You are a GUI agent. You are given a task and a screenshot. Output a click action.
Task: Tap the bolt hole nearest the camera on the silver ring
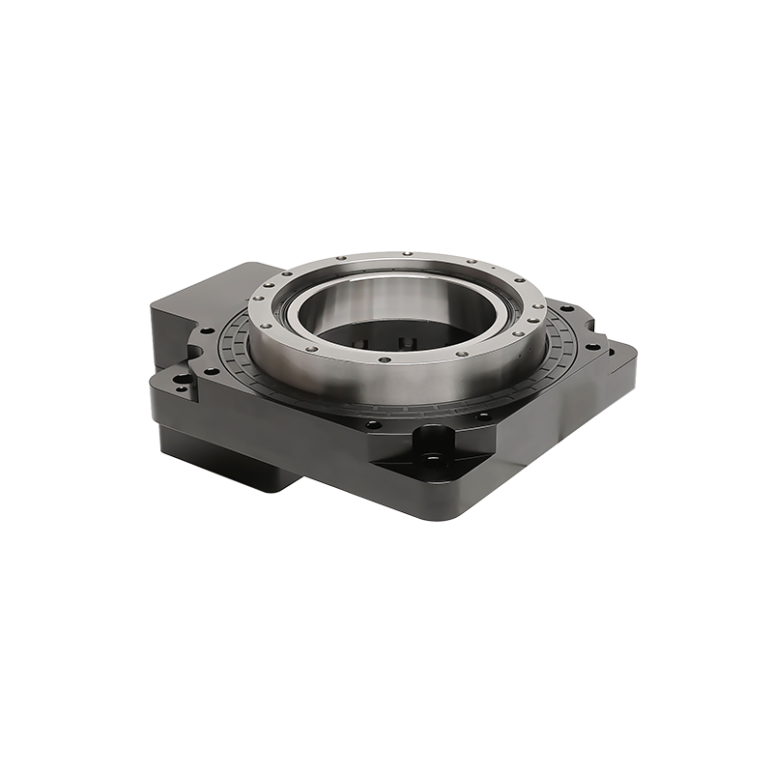coord(385,359)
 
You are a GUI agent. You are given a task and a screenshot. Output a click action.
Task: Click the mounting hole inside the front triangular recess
coord(432,457)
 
